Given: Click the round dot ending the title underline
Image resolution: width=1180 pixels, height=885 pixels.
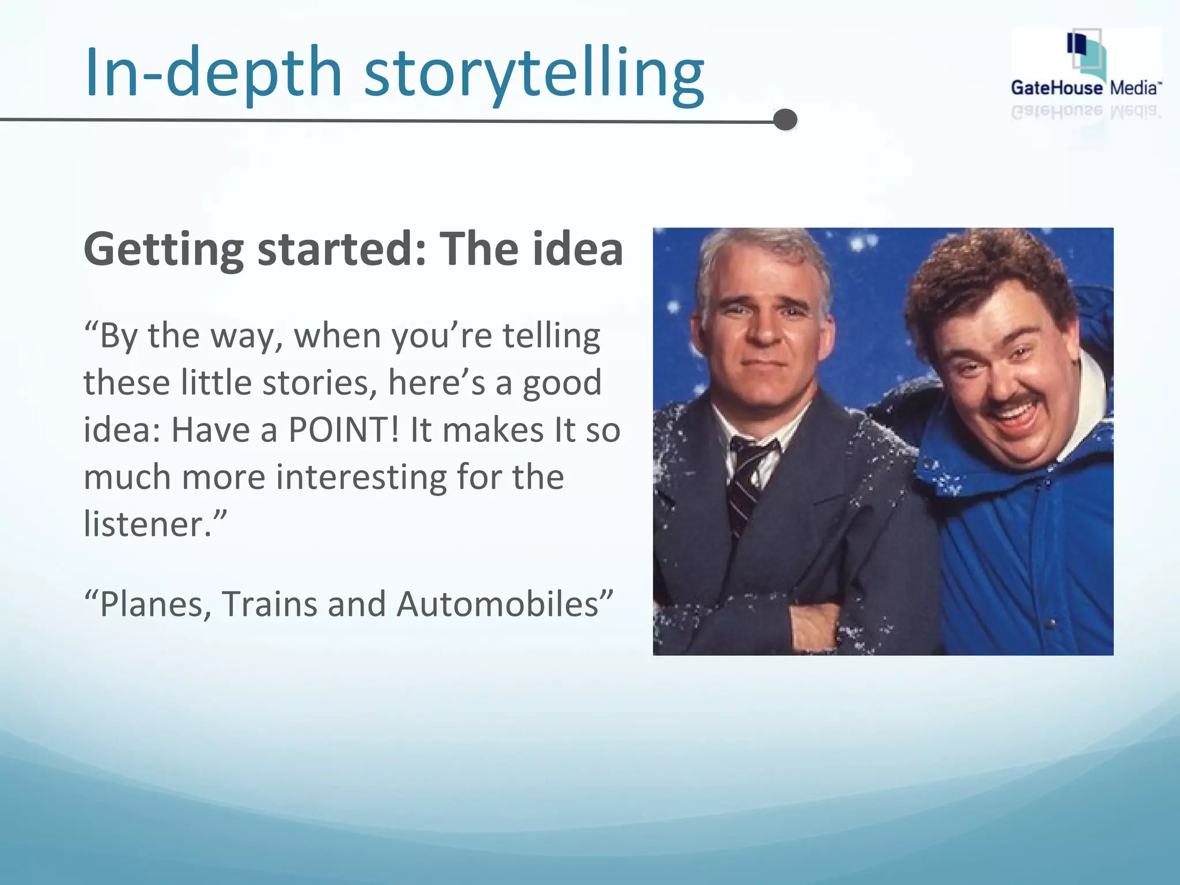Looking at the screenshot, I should pyautogui.click(x=785, y=120).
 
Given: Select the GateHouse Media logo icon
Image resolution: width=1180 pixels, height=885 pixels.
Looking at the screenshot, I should pyautogui.click(x=1086, y=55).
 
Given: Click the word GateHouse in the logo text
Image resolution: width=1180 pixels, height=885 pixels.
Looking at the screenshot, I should pyautogui.click(x=1057, y=88).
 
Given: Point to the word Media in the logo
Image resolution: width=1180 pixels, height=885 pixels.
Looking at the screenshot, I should pyautogui.click(x=1134, y=88).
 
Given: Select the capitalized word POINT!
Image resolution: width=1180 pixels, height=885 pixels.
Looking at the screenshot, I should pyautogui.click(x=343, y=430).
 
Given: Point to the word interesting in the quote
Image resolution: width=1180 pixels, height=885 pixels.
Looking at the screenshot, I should pyautogui.click(x=361, y=478).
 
